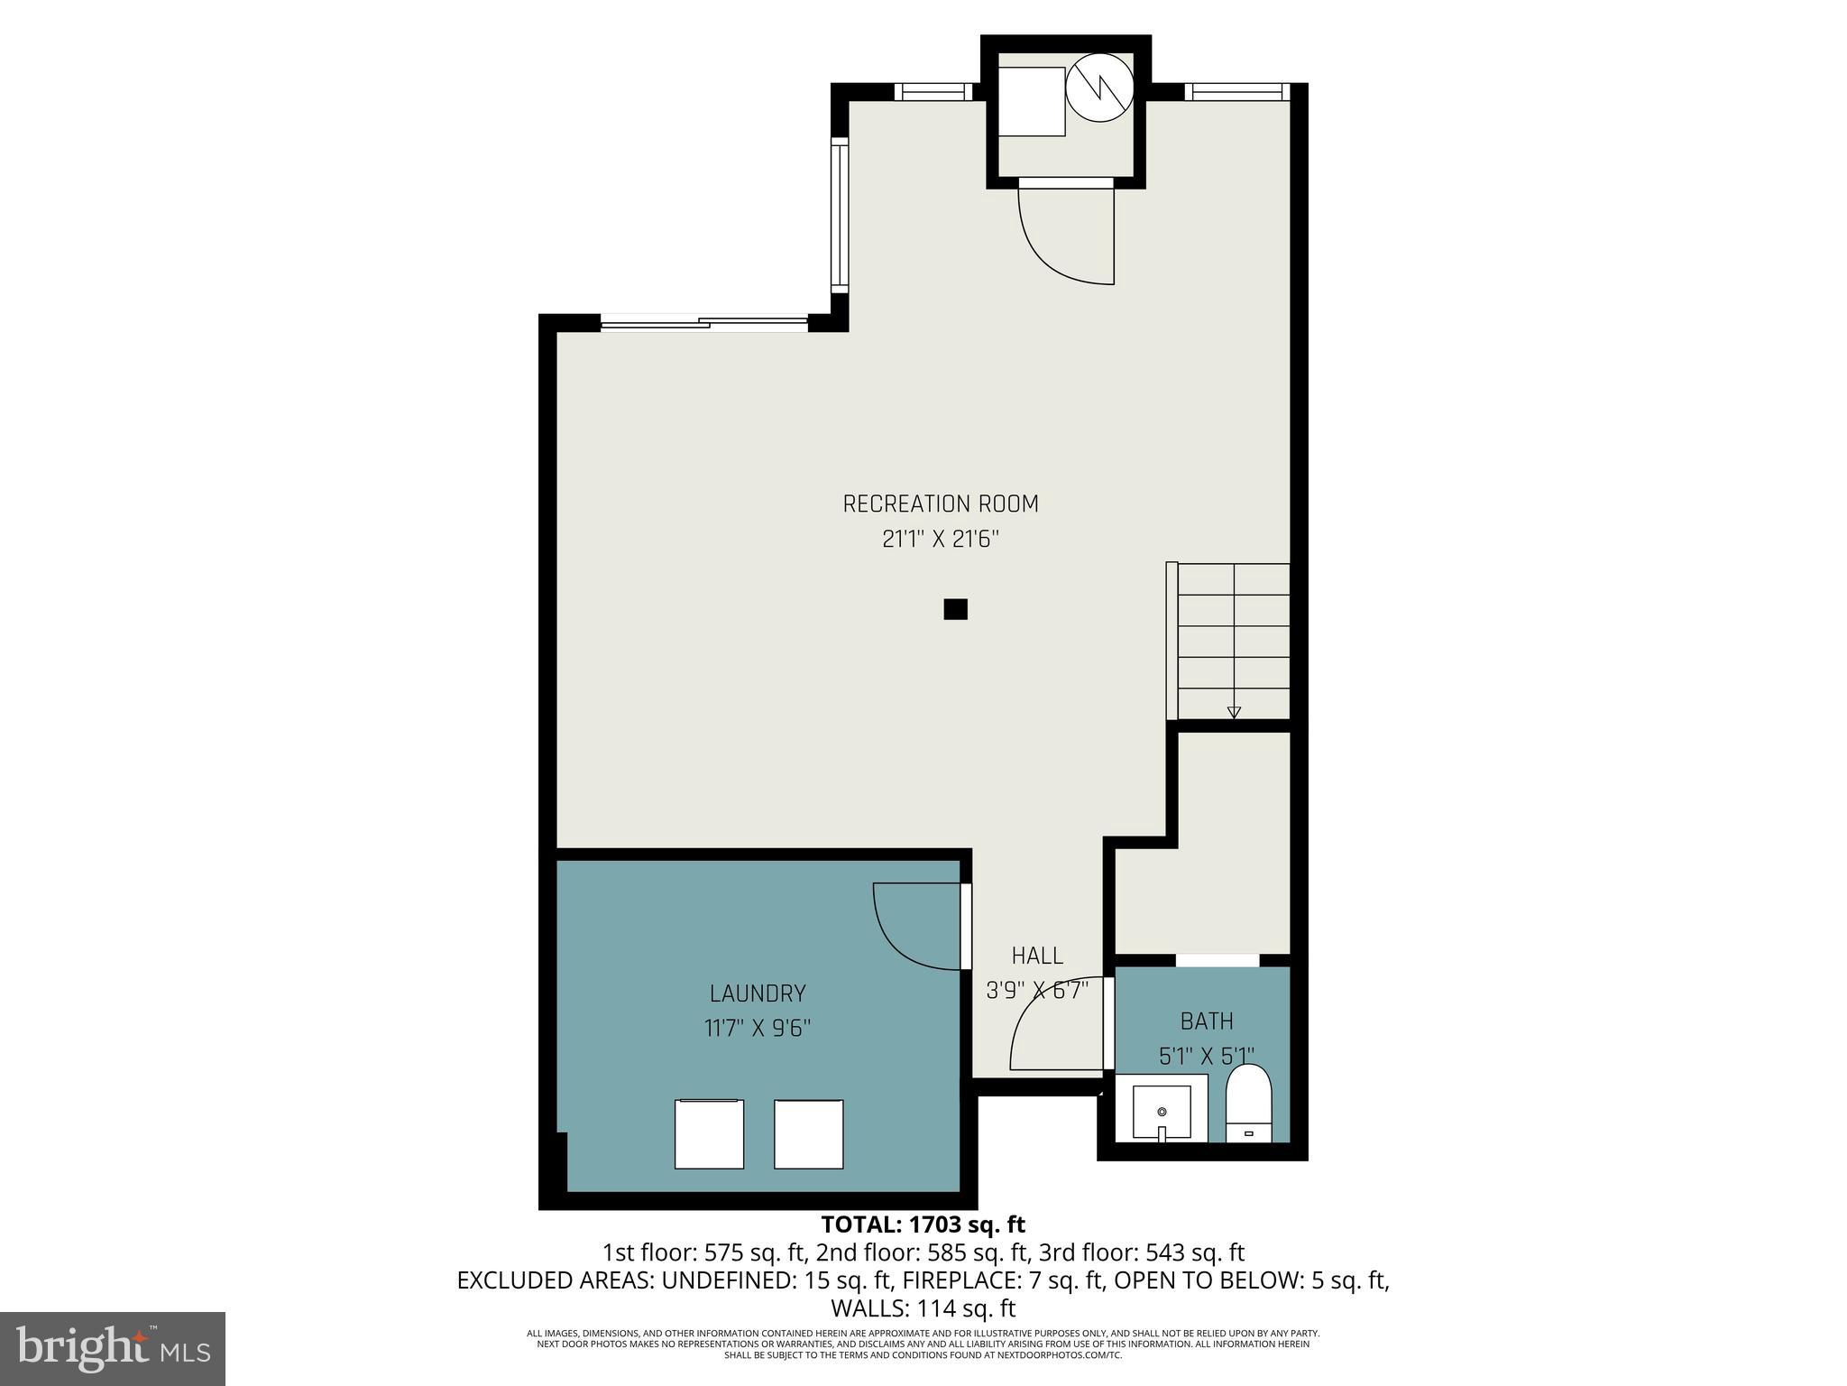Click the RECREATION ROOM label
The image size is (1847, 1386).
[941, 504]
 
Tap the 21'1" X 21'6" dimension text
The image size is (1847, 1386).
[941, 540]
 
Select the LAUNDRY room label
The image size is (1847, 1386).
[758, 993]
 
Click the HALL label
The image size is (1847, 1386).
[1037, 956]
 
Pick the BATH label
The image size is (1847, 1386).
[1207, 1021]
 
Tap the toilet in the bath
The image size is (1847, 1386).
[1248, 1104]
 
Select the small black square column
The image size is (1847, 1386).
[955, 609]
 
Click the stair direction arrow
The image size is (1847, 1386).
[1234, 713]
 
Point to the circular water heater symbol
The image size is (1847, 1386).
[1098, 88]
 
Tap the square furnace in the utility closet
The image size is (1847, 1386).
[1031, 101]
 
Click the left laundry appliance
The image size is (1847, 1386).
[710, 1134]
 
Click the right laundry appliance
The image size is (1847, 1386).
[808, 1134]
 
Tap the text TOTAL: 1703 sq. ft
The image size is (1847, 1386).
[923, 1224]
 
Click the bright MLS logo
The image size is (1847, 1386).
[113, 1348]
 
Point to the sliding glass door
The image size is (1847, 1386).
[703, 322]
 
